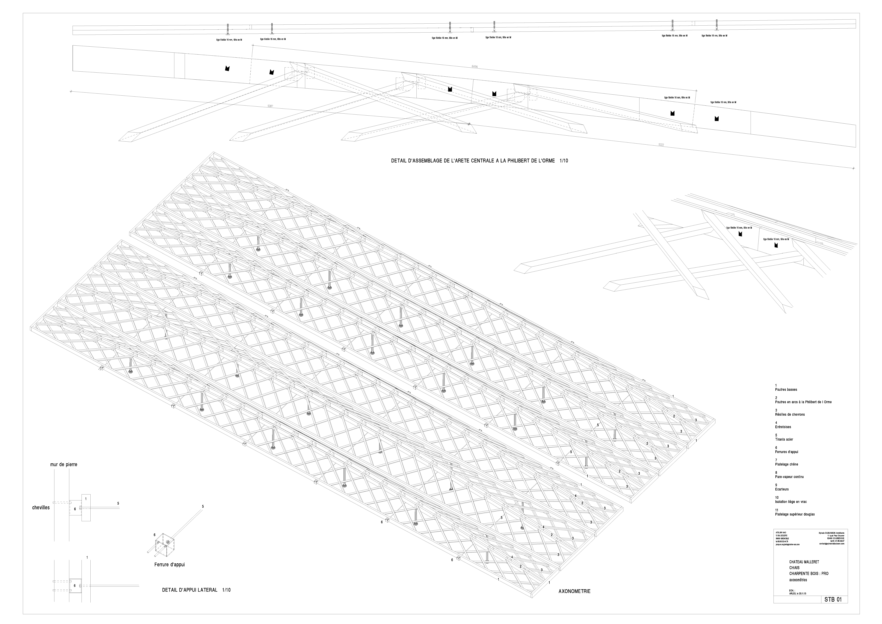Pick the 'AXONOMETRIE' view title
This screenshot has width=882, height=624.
(x=574, y=591)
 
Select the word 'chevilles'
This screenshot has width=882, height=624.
(x=41, y=508)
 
